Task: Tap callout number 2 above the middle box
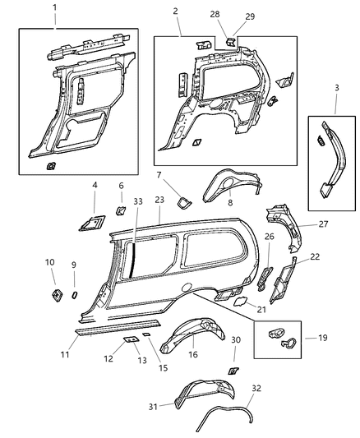click(175, 12)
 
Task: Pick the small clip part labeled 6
click(120, 210)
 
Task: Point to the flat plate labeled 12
click(131, 339)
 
